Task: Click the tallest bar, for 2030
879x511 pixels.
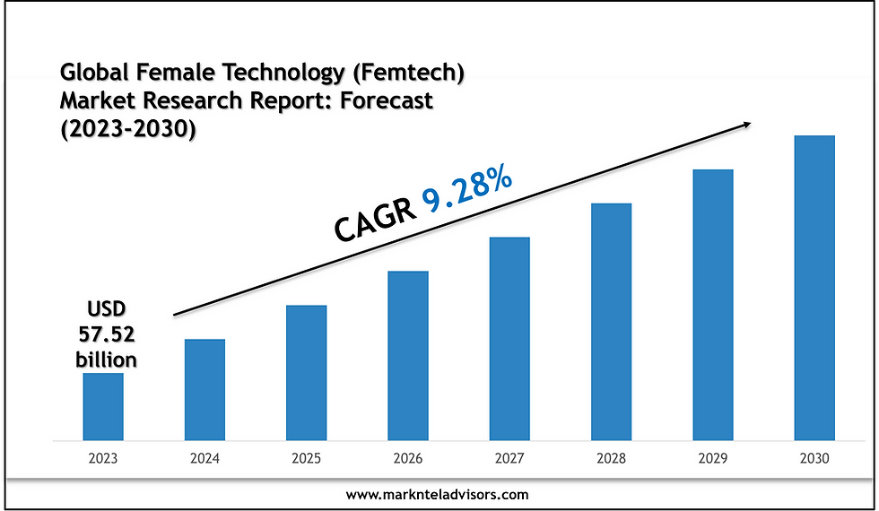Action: (814, 288)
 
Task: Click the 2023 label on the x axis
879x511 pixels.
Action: (103, 457)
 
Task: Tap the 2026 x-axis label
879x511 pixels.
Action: (408, 457)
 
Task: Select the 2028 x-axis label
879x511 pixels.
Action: (611, 457)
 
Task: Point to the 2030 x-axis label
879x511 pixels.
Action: (814, 457)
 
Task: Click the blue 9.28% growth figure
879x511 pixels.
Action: (468, 191)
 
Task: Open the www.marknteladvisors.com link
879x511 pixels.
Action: (438, 494)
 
